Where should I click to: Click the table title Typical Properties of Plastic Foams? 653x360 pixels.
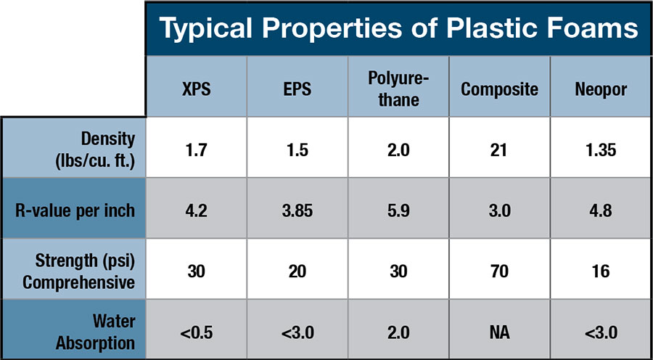pos(398,29)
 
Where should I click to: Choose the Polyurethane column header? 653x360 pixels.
pos(398,90)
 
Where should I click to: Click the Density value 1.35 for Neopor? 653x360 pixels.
pos(601,150)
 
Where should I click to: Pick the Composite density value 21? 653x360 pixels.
pos(499,150)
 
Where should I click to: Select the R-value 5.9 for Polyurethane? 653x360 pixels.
pos(398,210)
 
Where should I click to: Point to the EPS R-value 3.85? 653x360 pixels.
pos(297,210)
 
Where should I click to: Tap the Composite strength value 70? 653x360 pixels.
pos(499,272)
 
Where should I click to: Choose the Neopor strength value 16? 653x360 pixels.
pos(601,272)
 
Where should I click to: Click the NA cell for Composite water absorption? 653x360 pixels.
pos(499,333)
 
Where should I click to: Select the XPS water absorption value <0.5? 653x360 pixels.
pos(196,333)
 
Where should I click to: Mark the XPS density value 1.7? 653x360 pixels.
pos(196,150)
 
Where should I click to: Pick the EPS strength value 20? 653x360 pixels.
pos(297,272)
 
